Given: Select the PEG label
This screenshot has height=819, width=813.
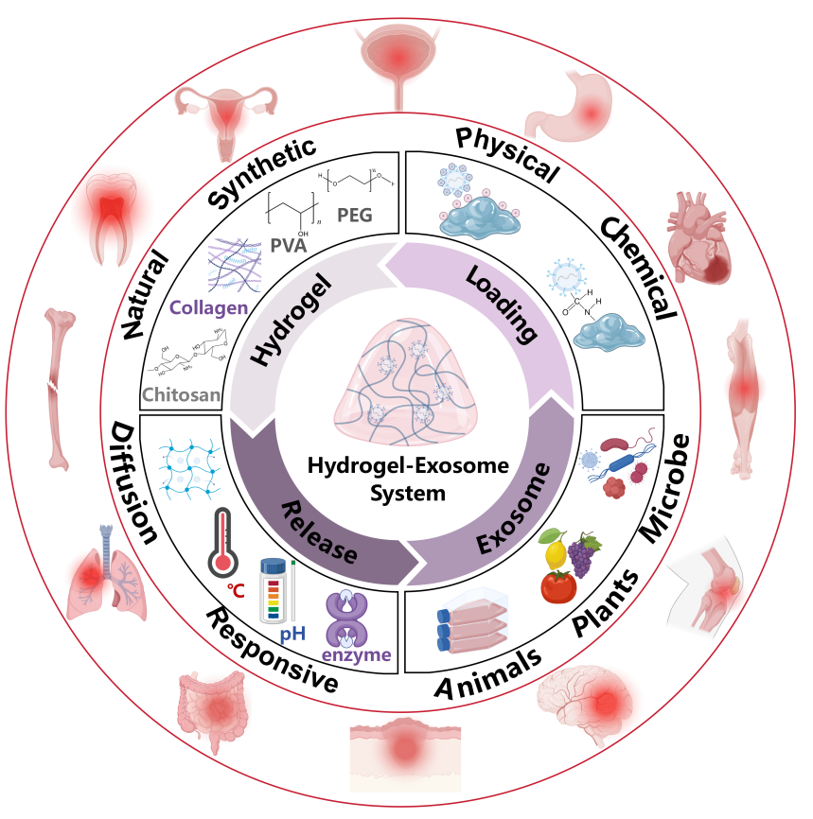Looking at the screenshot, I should tap(354, 215).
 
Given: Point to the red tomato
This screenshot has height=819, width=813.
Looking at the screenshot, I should tap(558, 584).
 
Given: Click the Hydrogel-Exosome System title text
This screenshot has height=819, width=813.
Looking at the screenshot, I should tap(407, 478).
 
